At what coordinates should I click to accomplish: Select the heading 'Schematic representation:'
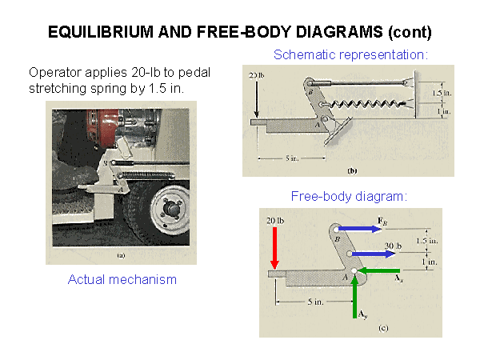tap(351, 55)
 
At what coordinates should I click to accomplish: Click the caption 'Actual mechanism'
tap(122, 279)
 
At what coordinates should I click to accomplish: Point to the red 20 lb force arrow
tap(274, 247)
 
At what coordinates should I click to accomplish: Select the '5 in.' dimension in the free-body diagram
tap(314, 302)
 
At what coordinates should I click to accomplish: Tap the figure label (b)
tap(351, 170)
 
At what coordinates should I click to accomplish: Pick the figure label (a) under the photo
tap(121, 256)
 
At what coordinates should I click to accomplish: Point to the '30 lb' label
tap(392, 246)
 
